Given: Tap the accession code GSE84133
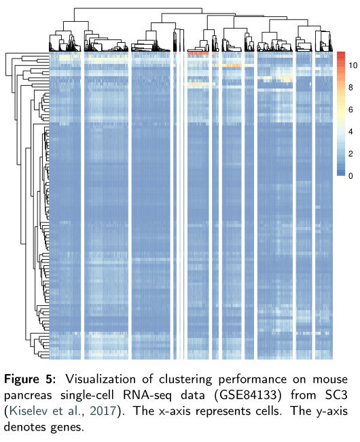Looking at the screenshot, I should point(228,394).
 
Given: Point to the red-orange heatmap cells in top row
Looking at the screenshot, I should point(197,53).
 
